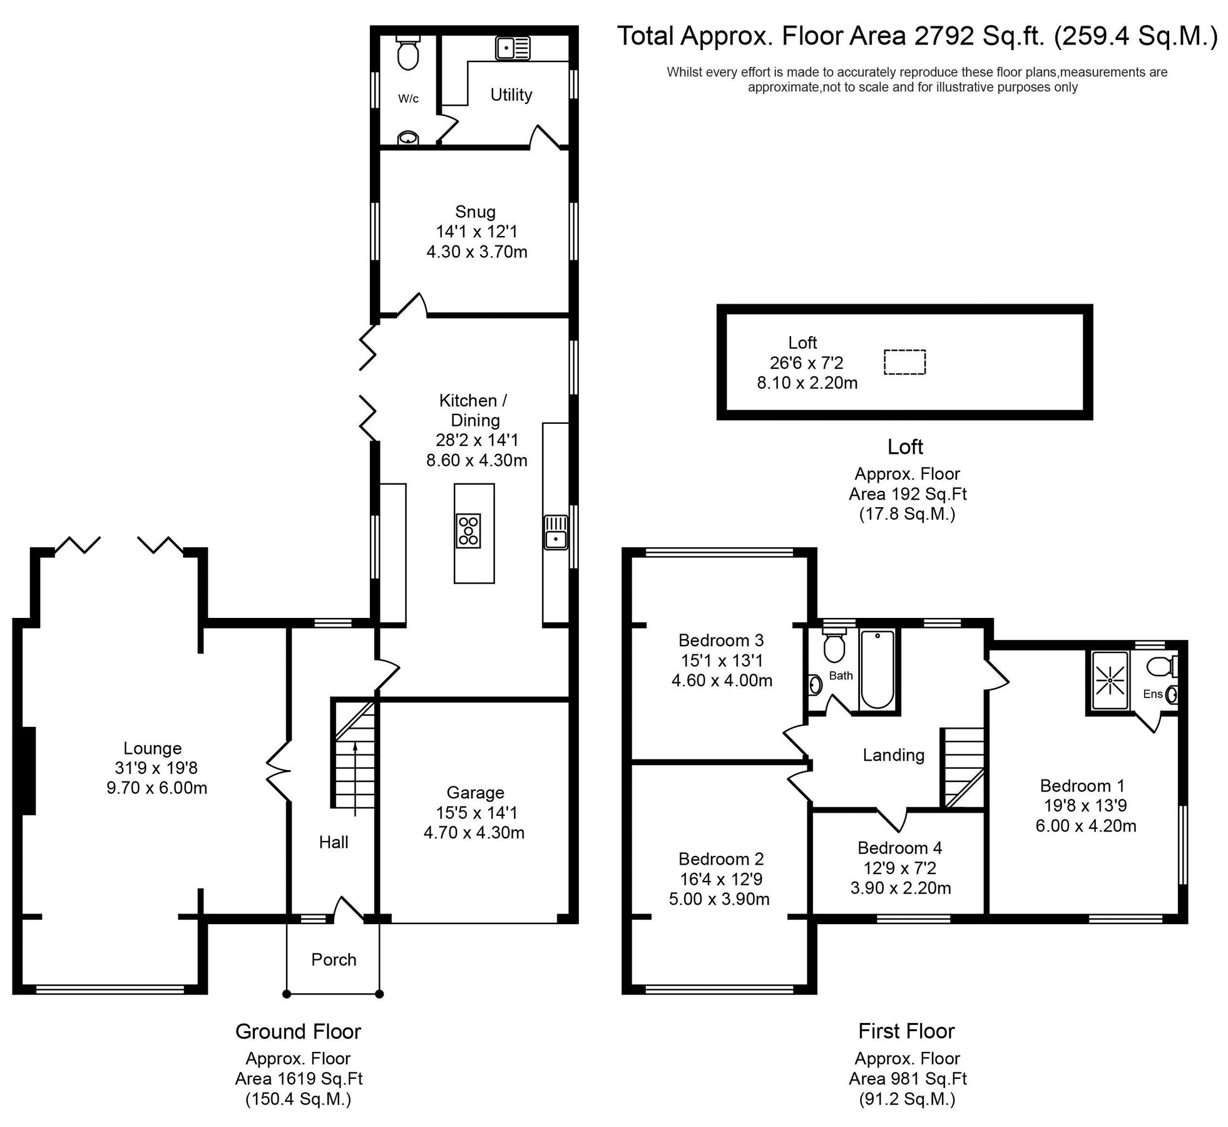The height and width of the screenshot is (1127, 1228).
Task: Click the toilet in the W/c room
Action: [407, 54]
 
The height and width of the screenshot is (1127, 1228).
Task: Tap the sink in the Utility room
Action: [513, 48]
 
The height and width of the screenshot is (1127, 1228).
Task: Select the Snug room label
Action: [475, 212]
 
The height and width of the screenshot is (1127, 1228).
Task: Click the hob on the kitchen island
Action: [468, 530]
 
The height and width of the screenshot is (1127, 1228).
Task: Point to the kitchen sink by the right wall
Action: [555, 532]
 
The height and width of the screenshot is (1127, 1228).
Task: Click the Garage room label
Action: [475, 793]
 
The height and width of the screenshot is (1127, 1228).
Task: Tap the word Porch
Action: [334, 960]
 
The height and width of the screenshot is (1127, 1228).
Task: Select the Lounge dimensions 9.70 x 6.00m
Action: [156, 788]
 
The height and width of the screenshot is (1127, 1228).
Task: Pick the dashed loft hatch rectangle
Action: [904, 362]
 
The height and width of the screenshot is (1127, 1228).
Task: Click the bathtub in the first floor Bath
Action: [877, 670]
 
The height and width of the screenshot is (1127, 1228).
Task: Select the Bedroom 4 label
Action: [899, 848]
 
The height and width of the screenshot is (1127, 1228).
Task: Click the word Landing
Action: [893, 755]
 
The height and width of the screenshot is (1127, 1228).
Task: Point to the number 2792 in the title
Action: [943, 36]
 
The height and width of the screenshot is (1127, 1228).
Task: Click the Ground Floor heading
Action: [298, 1031]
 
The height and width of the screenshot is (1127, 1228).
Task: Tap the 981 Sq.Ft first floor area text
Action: [908, 1079]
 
